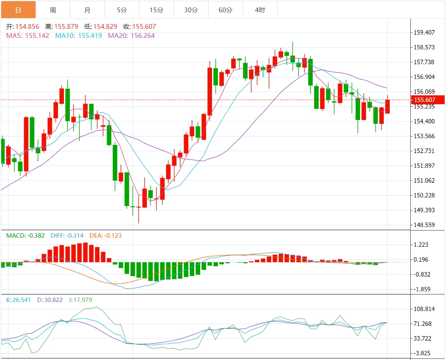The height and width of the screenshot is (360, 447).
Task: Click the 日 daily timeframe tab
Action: pyautogui.click(x=18, y=10)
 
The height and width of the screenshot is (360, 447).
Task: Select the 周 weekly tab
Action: pyautogui.click(x=53, y=10)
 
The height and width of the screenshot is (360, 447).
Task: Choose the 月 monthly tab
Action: pyautogui.click(x=87, y=10)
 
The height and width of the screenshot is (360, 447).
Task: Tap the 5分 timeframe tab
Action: pyautogui.click(x=122, y=10)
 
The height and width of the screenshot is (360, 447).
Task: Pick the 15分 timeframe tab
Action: pyautogui.click(x=156, y=10)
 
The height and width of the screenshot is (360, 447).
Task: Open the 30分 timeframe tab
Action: pyautogui.click(x=191, y=10)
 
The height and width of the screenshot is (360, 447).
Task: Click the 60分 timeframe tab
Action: pyautogui.click(x=225, y=10)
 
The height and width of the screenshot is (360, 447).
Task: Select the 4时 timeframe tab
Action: pyautogui.click(x=260, y=10)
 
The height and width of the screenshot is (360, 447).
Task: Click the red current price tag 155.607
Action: pyautogui.click(x=428, y=100)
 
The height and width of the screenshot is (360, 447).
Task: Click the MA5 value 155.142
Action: pyautogui.click(x=38, y=36)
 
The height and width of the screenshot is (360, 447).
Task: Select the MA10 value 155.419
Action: pyautogui.click(x=90, y=36)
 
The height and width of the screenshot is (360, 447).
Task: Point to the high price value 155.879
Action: pyautogui.click(x=66, y=27)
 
